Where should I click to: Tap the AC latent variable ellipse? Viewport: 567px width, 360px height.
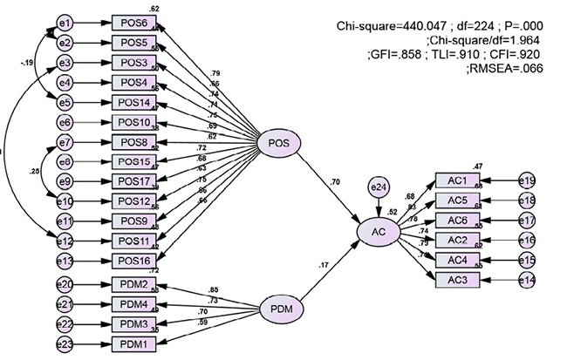376,233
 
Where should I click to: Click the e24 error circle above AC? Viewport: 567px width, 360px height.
378,187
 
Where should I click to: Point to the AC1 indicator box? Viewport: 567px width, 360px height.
458,180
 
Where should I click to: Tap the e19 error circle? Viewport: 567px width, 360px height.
528,180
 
